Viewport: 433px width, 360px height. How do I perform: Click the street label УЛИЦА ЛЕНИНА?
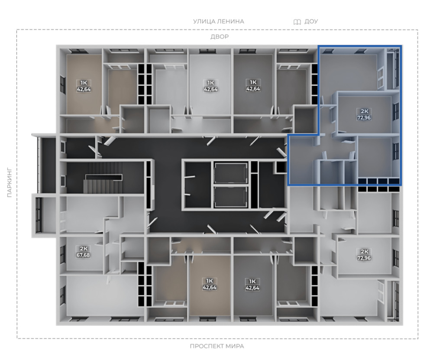(218, 22)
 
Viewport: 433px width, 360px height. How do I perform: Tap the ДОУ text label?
(311, 22)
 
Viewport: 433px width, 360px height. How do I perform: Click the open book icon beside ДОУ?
(297, 22)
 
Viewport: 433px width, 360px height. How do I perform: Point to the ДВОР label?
(220, 36)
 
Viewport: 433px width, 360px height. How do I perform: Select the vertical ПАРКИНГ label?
(10, 182)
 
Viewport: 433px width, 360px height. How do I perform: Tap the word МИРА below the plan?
(234, 346)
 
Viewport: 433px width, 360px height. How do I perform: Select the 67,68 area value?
(83, 255)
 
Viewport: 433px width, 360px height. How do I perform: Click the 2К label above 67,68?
(84, 248)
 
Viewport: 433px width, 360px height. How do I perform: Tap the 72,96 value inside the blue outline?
(364, 117)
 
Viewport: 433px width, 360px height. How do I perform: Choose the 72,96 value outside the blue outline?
(364, 258)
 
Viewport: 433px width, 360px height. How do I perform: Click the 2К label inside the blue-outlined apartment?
(364, 111)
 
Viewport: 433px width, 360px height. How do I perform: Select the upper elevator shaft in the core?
(230, 173)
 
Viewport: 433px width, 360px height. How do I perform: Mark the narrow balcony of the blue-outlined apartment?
(393, 68)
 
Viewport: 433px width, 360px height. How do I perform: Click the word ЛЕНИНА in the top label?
(231, 22)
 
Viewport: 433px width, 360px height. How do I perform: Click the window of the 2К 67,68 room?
(63, 254)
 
